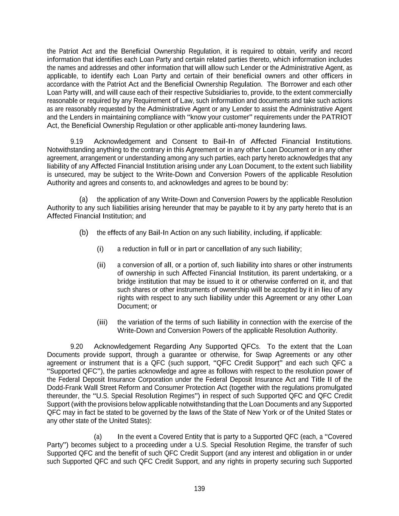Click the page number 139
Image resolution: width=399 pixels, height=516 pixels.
199,489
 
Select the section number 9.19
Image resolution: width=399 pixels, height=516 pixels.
77,141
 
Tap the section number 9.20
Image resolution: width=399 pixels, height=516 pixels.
77,346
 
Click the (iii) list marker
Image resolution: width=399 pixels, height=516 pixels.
102,322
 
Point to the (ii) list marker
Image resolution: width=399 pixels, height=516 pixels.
101,265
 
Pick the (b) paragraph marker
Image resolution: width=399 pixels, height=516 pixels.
84,232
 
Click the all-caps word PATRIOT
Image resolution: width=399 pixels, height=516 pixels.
337,117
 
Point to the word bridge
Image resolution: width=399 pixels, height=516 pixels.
126,281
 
